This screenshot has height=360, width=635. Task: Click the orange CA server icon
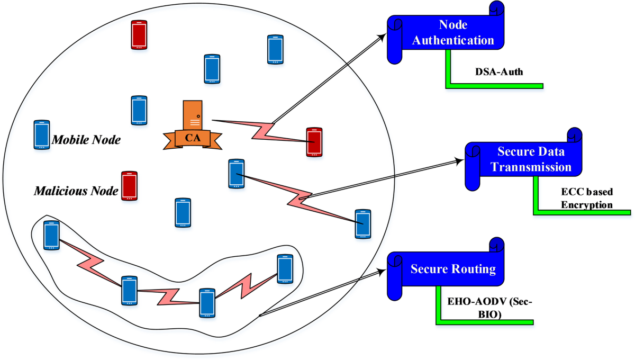(x=192, y=115)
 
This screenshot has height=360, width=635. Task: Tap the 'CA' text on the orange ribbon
(x=192, y=139)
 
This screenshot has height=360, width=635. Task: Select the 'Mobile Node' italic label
(x=86, y=140)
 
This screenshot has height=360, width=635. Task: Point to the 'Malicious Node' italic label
(x=76, y=190)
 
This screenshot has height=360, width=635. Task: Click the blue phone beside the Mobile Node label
(x=41, y=134)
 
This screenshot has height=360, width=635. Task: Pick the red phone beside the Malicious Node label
(x=129, y=186)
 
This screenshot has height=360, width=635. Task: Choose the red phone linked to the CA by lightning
(x=314, y=142)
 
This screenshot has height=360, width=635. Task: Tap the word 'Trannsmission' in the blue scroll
(x=531, y=167)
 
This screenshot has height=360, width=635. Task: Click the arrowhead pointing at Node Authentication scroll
(x=383, y=37)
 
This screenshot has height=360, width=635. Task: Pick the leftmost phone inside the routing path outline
(x=51, y=236)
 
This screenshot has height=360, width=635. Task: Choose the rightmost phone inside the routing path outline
(x=285, y=269)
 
